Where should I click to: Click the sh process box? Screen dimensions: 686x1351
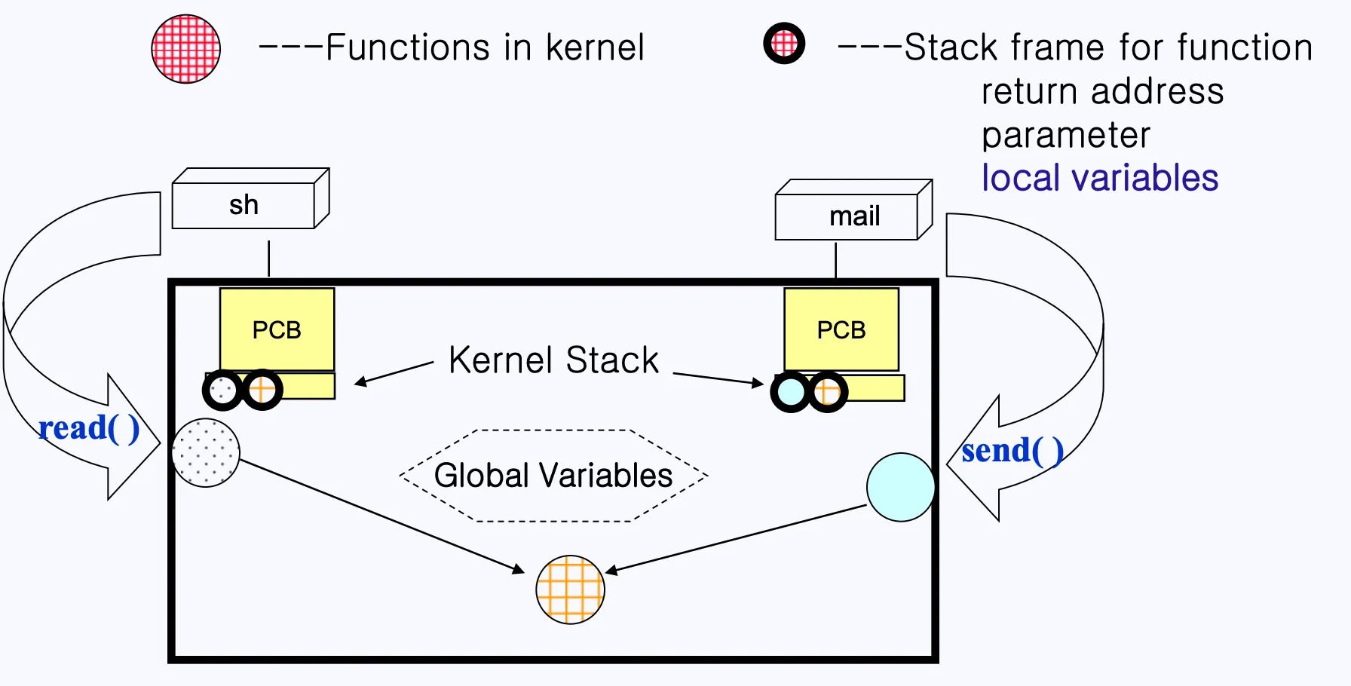(x=244, y=205)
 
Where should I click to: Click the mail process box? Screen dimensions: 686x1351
(x=847, y=216)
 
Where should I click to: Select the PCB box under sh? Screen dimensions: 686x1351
(x=277, y=329)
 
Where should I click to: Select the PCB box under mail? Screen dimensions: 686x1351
(x=841, y=329)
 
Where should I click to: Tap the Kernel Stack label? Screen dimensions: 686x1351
(x=553, y=360)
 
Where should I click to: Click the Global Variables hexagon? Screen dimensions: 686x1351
(x=553, y=476)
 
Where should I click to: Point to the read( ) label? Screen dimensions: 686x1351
(x=89, y=428)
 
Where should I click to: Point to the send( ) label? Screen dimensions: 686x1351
(x=1012, y=451)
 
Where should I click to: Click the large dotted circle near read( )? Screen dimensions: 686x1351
(x=206, y=452)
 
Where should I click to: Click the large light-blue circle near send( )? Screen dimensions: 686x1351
(x=901, y=487)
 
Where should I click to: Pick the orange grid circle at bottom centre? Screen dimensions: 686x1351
(x=570, y=590)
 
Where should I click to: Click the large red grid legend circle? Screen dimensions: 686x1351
(x=186, y=49)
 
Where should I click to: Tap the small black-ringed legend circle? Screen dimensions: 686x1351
(x=784, y=44)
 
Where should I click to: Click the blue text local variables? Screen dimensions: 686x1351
(x=1099, y=179)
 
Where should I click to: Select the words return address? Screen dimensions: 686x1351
(x=1102, y=92)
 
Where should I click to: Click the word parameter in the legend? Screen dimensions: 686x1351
(x=1065, y=136)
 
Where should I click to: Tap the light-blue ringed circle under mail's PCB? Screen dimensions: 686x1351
(x=791, y=391)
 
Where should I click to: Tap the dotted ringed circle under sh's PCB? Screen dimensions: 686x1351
(x=222, y=390)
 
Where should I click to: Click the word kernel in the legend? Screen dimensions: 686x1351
(x=595, y=48)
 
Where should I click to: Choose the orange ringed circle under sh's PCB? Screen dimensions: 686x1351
(x=262, y=390)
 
